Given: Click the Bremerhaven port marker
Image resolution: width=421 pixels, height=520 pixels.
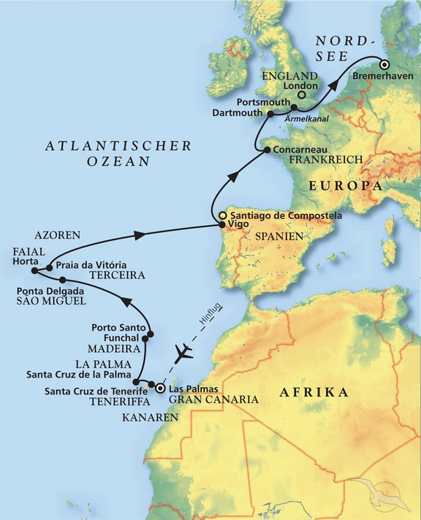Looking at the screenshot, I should click(383, 64).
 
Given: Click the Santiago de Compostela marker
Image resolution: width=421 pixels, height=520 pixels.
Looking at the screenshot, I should click(223, 215).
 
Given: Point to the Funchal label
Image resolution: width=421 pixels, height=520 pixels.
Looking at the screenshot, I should click(122, 338).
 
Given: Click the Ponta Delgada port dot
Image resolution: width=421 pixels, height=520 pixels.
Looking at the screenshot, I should click(63, 280).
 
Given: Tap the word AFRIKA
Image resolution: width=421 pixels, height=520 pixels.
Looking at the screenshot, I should click(313, 394).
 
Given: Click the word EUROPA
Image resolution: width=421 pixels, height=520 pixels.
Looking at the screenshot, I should click(346, 187).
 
